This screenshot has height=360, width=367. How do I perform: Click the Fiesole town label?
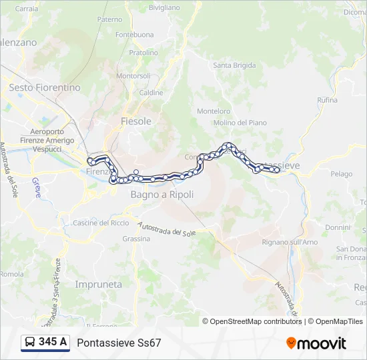pyautogui.click(x=136, y=121)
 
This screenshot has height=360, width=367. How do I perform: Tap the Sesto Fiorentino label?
pyautogui.click(x=45, y=87)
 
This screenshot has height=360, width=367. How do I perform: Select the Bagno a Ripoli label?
pyautogui.click(x=162, y=195)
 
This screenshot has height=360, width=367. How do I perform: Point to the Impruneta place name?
pyautogui.click(x=99, y=284)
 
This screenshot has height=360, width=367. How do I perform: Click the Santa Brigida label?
pyautogui.click(x=234, y=65)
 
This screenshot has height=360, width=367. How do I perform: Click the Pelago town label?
pyautogui.click(x=341, y=174)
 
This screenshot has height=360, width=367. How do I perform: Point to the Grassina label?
pyautogui.click(x=136, y=239)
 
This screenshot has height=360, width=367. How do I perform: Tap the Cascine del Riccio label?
pyautogui.click(x=101, y=223)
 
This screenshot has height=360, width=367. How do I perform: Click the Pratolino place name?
pyautogui.click(x=143, y=53)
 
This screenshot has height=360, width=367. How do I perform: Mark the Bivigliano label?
pyautogui.click(x=164, y=7)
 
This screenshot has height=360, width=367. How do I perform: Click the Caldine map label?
pyautogui.click(x=151, y=93)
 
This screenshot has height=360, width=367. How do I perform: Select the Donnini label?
pyautogui.click(x=338, y=227)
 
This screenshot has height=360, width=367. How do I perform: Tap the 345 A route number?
pyautogui.click(x=53, y=343)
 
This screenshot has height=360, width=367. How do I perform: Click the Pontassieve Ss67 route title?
pyautogui.click(x=119, y=343)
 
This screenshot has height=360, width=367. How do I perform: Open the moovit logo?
pyautogui.click(x=316, y=343)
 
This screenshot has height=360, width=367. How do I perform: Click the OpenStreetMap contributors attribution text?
pyautogui.click(x=256, y=321)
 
